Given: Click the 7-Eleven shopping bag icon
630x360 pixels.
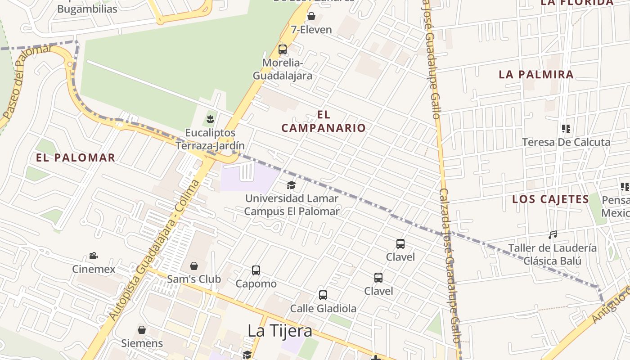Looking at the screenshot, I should (311, 17).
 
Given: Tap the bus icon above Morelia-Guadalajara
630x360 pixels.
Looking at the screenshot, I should (283, 49).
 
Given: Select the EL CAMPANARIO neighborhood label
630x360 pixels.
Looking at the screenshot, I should (324, 121).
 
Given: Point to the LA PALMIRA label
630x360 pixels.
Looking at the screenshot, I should (536, 75).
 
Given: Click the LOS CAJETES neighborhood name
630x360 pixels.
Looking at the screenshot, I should (551, 199).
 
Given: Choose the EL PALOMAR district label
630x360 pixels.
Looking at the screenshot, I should (76, 157).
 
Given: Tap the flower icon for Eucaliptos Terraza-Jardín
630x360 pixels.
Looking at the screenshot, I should (210, 119).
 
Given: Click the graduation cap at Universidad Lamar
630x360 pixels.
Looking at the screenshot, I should (292, 185).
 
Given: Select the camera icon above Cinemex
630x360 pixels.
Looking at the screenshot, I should (94, 256).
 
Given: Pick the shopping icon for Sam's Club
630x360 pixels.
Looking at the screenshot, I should (194, 266).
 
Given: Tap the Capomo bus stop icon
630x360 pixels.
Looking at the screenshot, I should (256, 270).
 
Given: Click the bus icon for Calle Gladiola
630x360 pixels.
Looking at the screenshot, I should (323, 295).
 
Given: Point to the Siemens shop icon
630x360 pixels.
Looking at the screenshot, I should (142, 330).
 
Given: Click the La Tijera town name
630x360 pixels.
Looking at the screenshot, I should (280, 331).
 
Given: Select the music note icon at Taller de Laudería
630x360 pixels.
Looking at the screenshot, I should (553, 235).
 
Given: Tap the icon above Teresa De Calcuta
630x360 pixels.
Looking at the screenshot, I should (566, 129).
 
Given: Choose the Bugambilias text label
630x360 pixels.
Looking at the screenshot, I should (87, 9).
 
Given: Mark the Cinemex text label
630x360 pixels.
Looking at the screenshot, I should (94, 269).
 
